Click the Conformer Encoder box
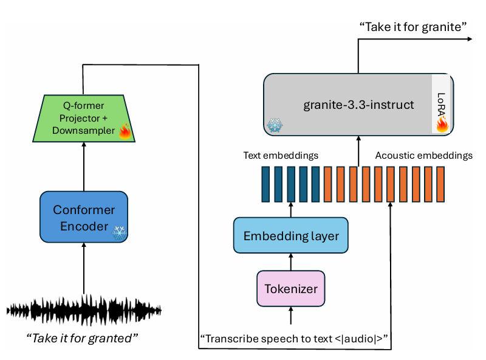pos(84,217)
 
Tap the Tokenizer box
pos(291,288)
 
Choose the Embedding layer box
pos(291,236)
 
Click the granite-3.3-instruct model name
pos(358,105)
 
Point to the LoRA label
pos(442,101)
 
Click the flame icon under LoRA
pos(442,124)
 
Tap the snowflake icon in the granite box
pos(275,125)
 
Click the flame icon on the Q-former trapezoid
pos(125,131)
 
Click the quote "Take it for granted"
pos(83,337)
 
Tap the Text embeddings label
pos(281,156)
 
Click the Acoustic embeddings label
pos(423,156)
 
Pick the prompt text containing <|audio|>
pos(294,337)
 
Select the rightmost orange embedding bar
pos(441,183)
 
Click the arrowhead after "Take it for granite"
pos(470,39)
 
